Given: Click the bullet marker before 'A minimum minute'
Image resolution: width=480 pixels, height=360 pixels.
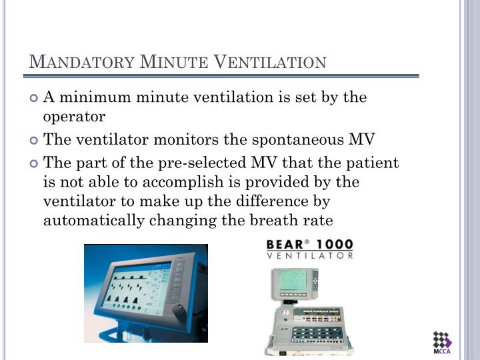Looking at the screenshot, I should point(35,98).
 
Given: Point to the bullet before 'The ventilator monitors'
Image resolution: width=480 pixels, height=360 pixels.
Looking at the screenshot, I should point(35,140).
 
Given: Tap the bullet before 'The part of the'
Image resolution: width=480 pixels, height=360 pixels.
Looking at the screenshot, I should point(35,163).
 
